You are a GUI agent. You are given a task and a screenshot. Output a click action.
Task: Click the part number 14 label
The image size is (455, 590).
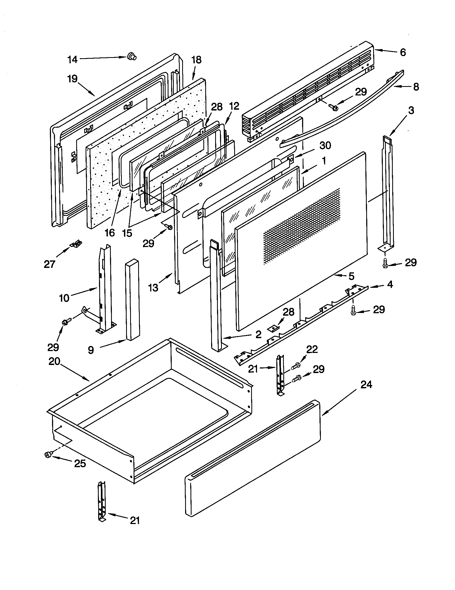72,60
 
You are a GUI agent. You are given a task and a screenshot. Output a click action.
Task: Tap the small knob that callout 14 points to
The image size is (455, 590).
132,56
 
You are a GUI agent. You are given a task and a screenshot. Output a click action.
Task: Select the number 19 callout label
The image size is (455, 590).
72,79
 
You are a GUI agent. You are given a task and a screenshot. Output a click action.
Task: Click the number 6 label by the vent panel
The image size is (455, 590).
403,52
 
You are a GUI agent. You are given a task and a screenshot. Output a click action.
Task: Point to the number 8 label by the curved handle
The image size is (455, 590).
416,87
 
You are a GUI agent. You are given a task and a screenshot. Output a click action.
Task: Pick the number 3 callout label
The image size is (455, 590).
411,110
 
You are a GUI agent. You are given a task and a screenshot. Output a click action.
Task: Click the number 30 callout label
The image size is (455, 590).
325,145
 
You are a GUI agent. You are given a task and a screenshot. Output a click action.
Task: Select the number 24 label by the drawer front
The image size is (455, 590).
366,384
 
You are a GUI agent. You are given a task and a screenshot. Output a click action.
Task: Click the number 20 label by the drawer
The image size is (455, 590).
54,361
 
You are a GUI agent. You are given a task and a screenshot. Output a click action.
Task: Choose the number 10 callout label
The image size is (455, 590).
64,298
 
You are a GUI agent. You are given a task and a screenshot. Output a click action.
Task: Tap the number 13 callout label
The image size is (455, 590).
153,288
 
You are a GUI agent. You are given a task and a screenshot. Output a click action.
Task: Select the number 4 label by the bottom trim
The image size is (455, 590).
390,284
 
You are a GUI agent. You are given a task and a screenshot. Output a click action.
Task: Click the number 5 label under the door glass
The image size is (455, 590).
351,276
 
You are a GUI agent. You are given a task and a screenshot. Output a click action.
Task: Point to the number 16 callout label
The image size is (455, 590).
110,233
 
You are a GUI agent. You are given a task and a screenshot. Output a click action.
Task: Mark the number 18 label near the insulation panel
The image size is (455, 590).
196,60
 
